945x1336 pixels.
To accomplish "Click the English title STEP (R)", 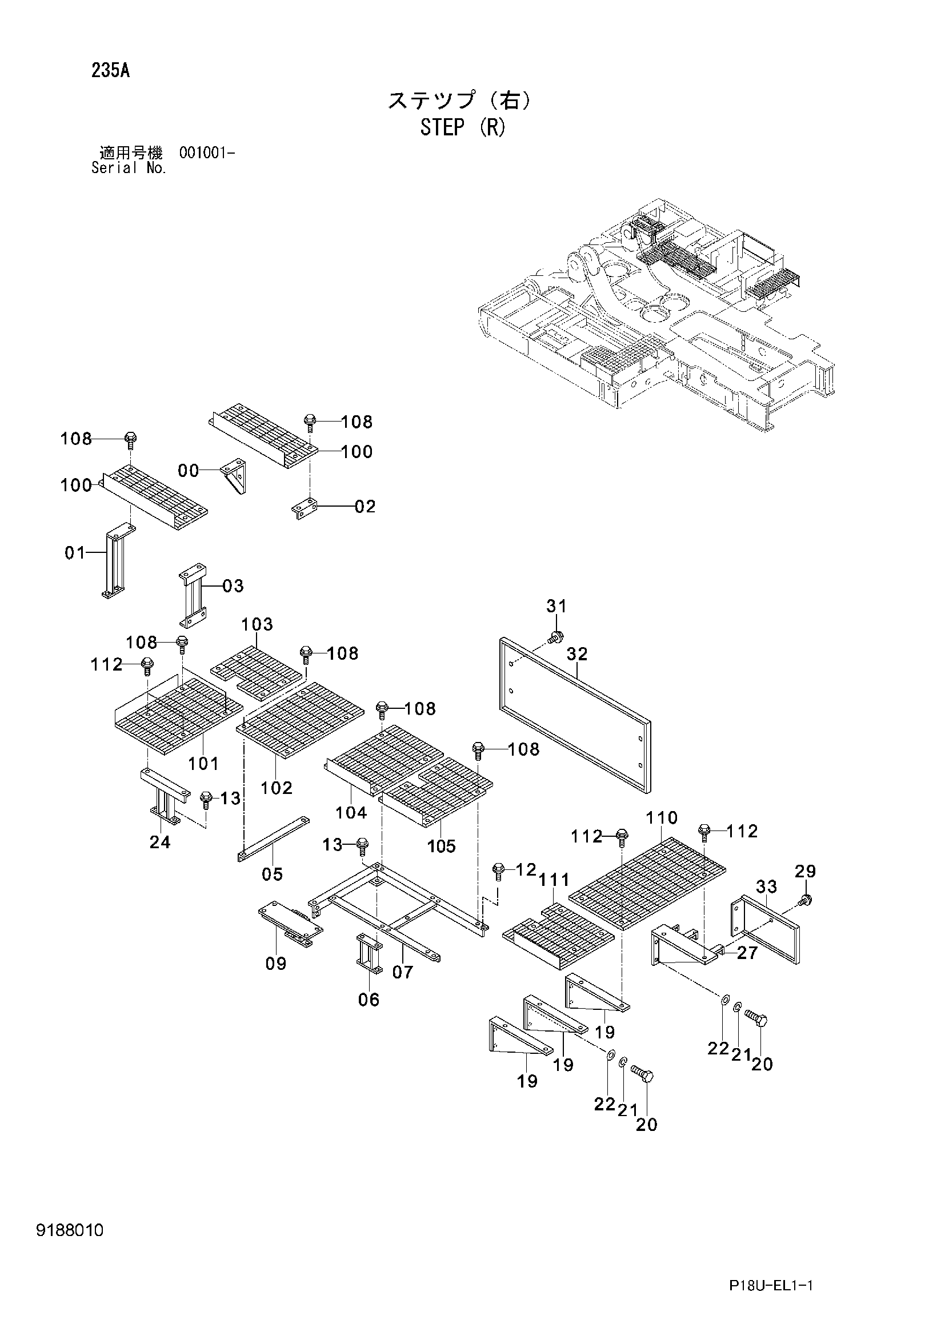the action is click(x=463, y=127).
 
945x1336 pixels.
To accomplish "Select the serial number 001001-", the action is click(x=207, y=153).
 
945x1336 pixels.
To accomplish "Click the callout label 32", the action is click(x=577, y=654).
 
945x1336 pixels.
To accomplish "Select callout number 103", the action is click(x=257, y=624).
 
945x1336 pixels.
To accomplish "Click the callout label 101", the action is click(x=203, y=764).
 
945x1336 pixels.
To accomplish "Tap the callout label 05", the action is click(x=273, y=874).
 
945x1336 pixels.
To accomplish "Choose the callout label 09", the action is click(x=276, y=964).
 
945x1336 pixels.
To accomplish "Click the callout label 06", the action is click(x=369, y=1000).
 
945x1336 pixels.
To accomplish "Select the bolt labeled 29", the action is click(x=806, y=901).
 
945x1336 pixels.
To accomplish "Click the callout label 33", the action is click(x=766, y=887).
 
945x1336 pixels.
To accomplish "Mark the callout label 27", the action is click(x=747, y=953).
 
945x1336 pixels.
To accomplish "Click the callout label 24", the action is click(x=160, y=842).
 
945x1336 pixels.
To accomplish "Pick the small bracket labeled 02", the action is click(x=305, y=508).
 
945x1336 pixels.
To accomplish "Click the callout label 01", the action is click(x=75, y=553).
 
